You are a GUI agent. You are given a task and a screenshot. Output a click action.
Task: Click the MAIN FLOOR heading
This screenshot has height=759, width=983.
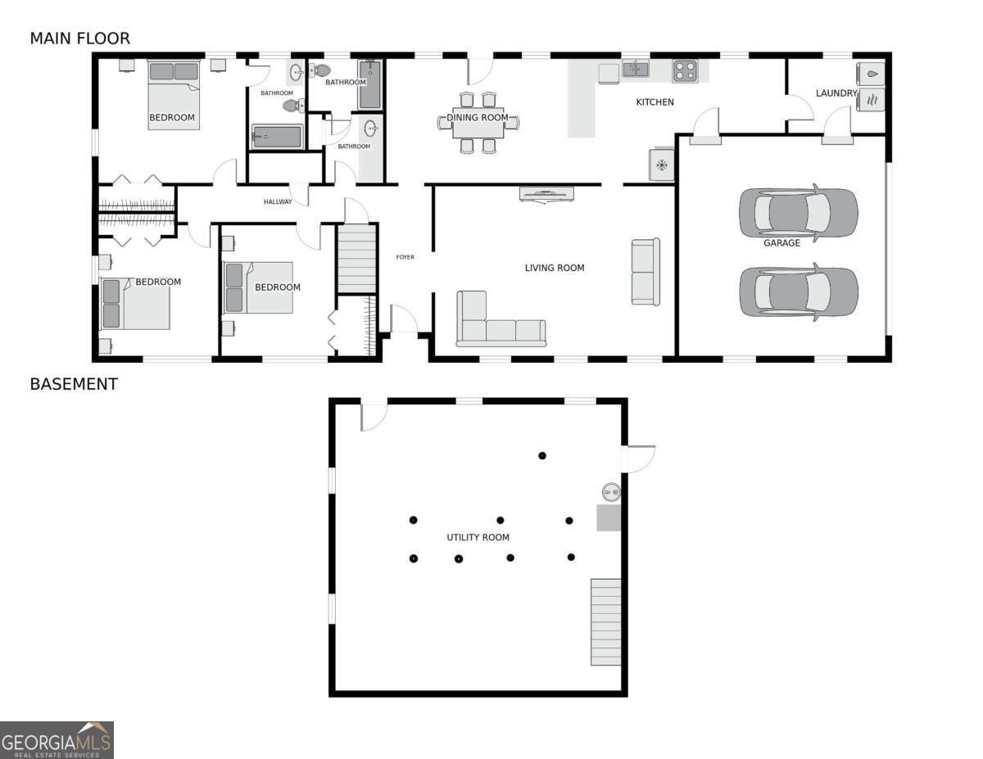point(80,38)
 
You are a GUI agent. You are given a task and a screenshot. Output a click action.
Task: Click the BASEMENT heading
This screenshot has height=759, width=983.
point(74,384)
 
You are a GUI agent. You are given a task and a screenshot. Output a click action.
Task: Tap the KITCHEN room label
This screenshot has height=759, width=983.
point(655,102)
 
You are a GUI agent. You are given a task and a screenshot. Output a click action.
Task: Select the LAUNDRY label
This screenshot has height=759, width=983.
point(836,93)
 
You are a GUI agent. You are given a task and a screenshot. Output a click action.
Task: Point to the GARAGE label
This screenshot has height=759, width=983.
point(781,242)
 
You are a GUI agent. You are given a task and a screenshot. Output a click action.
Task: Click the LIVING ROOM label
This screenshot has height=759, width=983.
point(554,268)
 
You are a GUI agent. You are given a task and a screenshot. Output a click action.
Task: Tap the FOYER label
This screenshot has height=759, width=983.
point(405,257)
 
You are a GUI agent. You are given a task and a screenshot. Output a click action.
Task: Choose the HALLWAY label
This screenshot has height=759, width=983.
point(278,201)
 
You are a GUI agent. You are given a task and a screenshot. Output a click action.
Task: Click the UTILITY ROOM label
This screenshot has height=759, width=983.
point(478,537)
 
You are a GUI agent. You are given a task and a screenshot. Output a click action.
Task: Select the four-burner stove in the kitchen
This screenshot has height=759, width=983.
point(685,71)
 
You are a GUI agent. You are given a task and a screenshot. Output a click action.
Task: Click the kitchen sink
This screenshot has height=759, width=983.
point(636,68)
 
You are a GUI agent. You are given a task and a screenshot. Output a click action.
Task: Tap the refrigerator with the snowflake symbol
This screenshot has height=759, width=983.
point(661,165)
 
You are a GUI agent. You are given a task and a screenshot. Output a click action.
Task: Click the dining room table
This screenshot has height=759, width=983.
point(478,123)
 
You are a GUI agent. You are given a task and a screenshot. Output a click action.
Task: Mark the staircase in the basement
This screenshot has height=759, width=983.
point(605,622)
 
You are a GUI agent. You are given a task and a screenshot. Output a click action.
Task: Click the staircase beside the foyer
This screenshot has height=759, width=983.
point(357,260)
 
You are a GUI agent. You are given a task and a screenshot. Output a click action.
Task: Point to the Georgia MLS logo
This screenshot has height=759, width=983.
point(57,740)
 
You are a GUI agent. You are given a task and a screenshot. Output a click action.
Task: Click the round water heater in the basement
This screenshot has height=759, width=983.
point(611,492)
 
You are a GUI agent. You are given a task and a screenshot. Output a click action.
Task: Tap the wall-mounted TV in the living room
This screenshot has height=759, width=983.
point(547,193)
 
